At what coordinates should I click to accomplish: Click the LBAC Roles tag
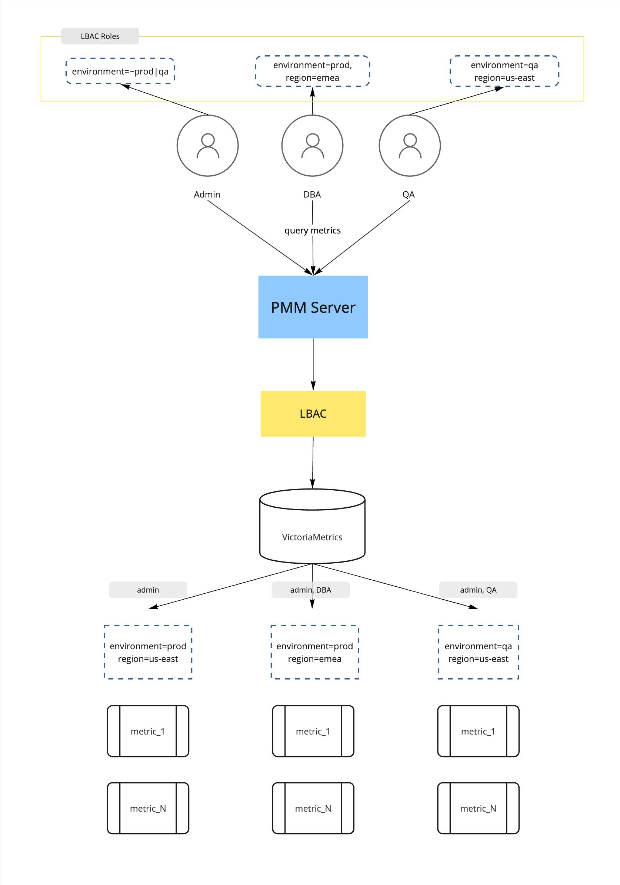pyautogui.click(x=100, y=36)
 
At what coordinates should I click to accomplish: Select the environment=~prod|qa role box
pyautogui.click(x=120, y=71)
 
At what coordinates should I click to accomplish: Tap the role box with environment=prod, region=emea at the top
pyautogui.click(x=312, y=71)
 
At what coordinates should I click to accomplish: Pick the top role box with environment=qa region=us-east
pyautogui.click(x=504, y=71)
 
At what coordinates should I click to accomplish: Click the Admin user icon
pyautogui.click(x=207, y=146)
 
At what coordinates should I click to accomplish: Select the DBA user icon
pyautogui.click(x=312, y=146)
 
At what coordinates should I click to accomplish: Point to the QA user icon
pyautogui.click(x=410, y=146)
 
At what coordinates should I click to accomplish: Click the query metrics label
pyautogui.click(x=312, y=231)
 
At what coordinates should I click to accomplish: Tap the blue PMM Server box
pyautogui.click(x=313, y=307)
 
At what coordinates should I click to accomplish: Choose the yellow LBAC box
pyautogui.click(x=313, y=414)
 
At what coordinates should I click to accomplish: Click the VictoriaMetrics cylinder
pyautogui.click(x=312, y=528)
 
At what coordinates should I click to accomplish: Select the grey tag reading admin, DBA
pyautogui.click(x=310, y=590)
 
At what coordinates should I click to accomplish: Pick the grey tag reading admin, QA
pyautogui.click(x=478, y=590)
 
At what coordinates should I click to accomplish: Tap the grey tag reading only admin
pyautogui.click(x=148, y=590)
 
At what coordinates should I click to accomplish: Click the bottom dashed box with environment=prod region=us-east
pyautogui.click(x=148, y=652)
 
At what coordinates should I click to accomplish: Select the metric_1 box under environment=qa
pyautogui.click(x=478, y=731)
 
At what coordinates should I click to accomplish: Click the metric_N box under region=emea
pyautogui.click(x=313, y=808)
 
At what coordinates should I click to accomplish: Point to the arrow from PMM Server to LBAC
pyautogui.click(x=313, y=364)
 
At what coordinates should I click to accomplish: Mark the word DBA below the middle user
pyautogui.click(x=312, y=195)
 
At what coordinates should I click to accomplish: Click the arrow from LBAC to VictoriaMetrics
pyautogui.click(x=313, y=463)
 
